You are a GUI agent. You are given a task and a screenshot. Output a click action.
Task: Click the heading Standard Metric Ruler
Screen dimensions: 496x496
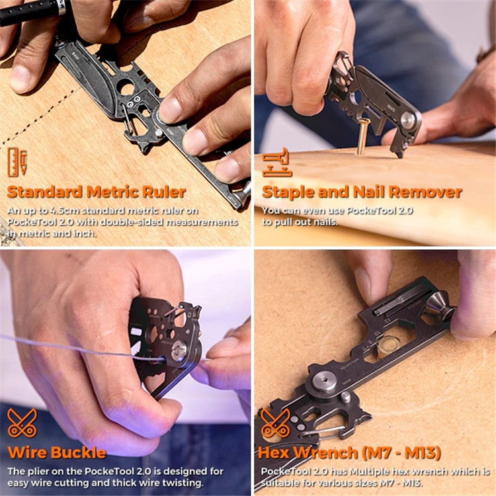97,192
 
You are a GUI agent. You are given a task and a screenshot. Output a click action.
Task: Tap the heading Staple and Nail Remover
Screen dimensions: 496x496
362,192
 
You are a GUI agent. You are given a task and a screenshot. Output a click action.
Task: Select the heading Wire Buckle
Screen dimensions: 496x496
57,453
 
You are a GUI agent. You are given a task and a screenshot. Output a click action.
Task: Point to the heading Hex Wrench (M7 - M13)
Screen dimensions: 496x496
349,453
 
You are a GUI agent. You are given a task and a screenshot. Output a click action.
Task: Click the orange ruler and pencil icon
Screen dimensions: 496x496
18,162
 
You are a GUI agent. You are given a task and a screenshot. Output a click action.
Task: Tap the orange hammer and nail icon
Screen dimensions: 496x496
276,163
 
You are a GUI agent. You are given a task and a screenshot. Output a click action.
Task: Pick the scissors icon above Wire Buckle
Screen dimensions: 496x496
22,423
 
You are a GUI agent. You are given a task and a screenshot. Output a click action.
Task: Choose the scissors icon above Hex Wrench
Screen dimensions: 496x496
274,423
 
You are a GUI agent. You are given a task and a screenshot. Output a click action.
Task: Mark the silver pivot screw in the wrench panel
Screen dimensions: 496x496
321,382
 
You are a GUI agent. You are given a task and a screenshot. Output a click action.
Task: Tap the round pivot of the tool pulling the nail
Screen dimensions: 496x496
409,120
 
